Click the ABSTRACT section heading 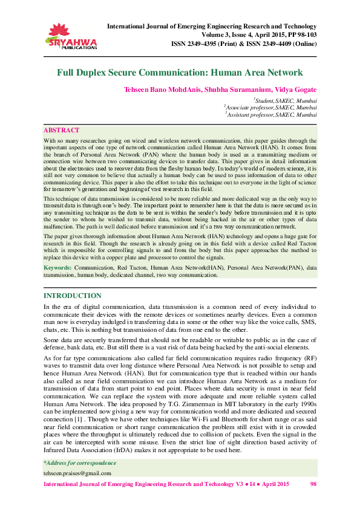click(61, 130)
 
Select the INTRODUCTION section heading click(73, 296)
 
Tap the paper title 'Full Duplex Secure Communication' click(180, 73)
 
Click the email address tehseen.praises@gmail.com click(77, 473)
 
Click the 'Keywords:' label click(58, 267)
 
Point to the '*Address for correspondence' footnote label click(77, 462)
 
